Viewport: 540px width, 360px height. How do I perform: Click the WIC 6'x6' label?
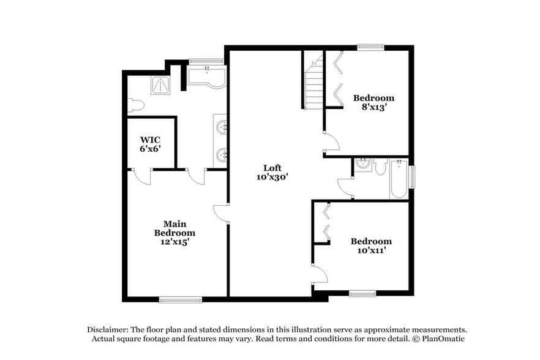[x=150, y=143]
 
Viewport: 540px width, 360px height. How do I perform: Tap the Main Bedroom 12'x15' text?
[x=174, y=233]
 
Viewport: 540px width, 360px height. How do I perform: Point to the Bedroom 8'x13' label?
[x=373, y=102]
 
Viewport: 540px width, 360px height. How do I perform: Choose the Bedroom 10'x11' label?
[x=371, y=246]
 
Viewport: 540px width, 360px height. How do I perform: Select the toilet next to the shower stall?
[x=136, y=105]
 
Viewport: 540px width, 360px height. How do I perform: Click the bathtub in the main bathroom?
[x=206, y=78]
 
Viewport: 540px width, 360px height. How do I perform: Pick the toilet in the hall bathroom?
[x=381, y=167]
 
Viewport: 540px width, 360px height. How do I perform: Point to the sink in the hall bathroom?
[x=364, y=164]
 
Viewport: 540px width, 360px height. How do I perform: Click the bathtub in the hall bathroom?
[x=399, y=179]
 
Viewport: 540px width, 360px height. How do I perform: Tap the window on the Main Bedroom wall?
[x=180, y=299]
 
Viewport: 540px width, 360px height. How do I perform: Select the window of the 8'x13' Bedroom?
[x=371, y=47]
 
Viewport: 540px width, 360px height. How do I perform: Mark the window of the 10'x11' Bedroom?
[x=362, y=294]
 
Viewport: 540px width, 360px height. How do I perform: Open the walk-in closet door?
[x=142, y=176]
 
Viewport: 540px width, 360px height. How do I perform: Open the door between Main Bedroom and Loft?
[x=222, y=214]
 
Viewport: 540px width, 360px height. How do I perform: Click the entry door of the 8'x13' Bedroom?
[x=331, y=142]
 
